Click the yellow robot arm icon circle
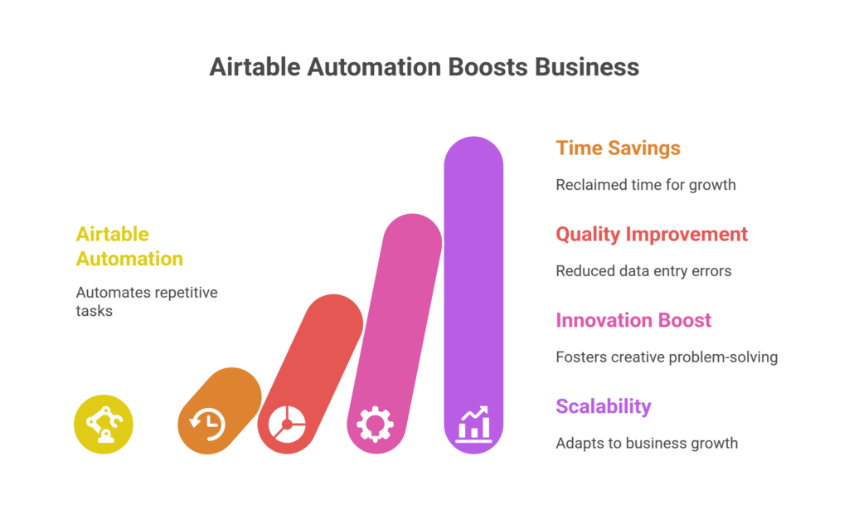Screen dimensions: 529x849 [x=104, y=425]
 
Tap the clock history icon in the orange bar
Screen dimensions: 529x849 [x=207, y=425]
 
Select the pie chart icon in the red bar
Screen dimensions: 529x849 [x=287, y=425]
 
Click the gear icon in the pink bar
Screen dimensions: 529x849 [x=376, y=425]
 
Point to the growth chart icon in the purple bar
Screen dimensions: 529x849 [x=473, y=424]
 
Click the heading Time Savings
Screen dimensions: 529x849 [x=618, y=148]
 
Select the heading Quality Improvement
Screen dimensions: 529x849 [x=652, y=235]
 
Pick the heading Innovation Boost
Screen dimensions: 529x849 [x=633, y=321]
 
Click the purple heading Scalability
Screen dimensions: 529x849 [x=603, y=407]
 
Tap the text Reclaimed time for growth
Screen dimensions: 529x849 [x=645, y=185]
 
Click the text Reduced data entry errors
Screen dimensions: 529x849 [x=643, y=271]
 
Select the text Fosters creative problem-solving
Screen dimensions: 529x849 [x=666, y=357]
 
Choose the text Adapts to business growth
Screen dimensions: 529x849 [x=646, y=444]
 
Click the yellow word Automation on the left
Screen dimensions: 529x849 [x=129, y=259]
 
